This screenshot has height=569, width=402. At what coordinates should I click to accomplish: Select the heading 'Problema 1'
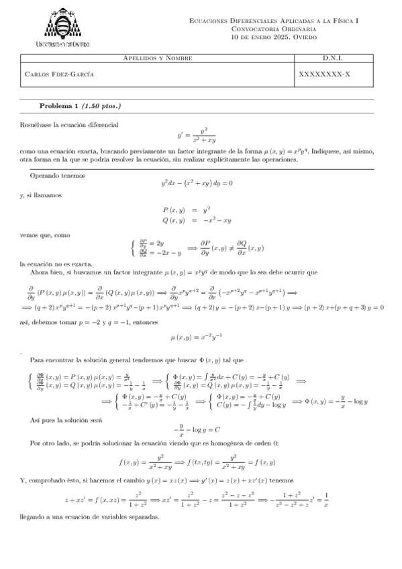click(58, 106)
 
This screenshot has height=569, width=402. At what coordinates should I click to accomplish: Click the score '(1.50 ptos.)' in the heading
click(101, 106)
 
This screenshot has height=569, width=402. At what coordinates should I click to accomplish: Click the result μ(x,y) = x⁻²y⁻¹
click(201, 338)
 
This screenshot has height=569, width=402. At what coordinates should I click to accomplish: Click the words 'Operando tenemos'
click(57, 175)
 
